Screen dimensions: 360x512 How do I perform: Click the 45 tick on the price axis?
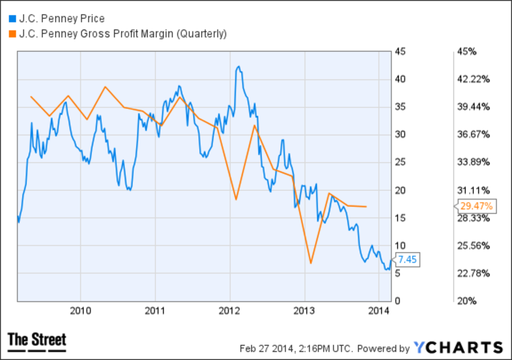click(400, 52)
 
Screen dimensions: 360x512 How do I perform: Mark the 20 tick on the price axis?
click(400, 190)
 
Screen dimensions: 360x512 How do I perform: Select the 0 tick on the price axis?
click(398, 301)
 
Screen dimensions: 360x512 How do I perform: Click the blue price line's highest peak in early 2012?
click(238, 67)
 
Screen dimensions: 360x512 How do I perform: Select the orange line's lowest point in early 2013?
click(311, 263)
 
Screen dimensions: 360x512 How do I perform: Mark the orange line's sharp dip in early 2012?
click(236, 199)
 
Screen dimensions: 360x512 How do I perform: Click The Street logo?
click(37, 341)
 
